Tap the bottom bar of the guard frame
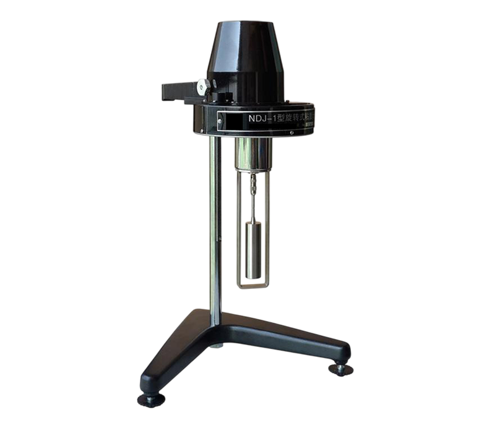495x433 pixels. [x=254, y=284]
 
